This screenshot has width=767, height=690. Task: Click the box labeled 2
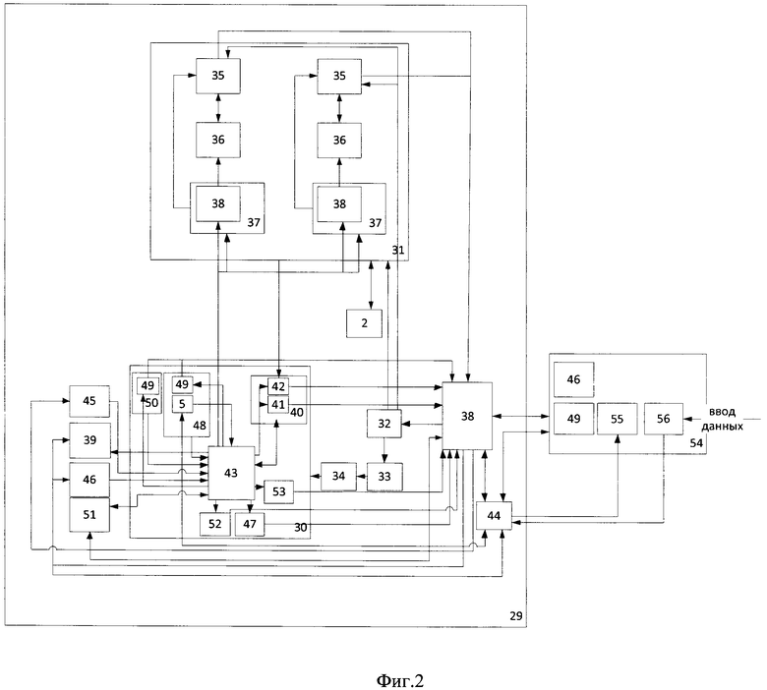364,323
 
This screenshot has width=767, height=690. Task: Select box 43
231,473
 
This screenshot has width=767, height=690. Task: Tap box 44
494,515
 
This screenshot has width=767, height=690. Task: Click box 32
384,424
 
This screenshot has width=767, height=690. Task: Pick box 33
384,477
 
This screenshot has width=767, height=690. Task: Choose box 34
338,476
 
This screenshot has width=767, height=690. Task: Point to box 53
279,491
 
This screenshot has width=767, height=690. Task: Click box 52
214,524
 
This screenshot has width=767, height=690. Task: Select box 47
250,524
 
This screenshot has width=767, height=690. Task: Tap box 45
89,401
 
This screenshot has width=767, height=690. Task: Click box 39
89,440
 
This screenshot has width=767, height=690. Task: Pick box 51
89,514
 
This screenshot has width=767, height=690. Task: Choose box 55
618,419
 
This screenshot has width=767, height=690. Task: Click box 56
664,419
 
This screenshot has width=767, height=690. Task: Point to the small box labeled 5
183,404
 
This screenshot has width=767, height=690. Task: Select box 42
278,386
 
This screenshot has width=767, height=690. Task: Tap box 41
278,404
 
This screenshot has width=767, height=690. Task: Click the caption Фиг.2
400,680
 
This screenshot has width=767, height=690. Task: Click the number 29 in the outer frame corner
516,615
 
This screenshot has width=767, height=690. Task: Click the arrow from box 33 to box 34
362,476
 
